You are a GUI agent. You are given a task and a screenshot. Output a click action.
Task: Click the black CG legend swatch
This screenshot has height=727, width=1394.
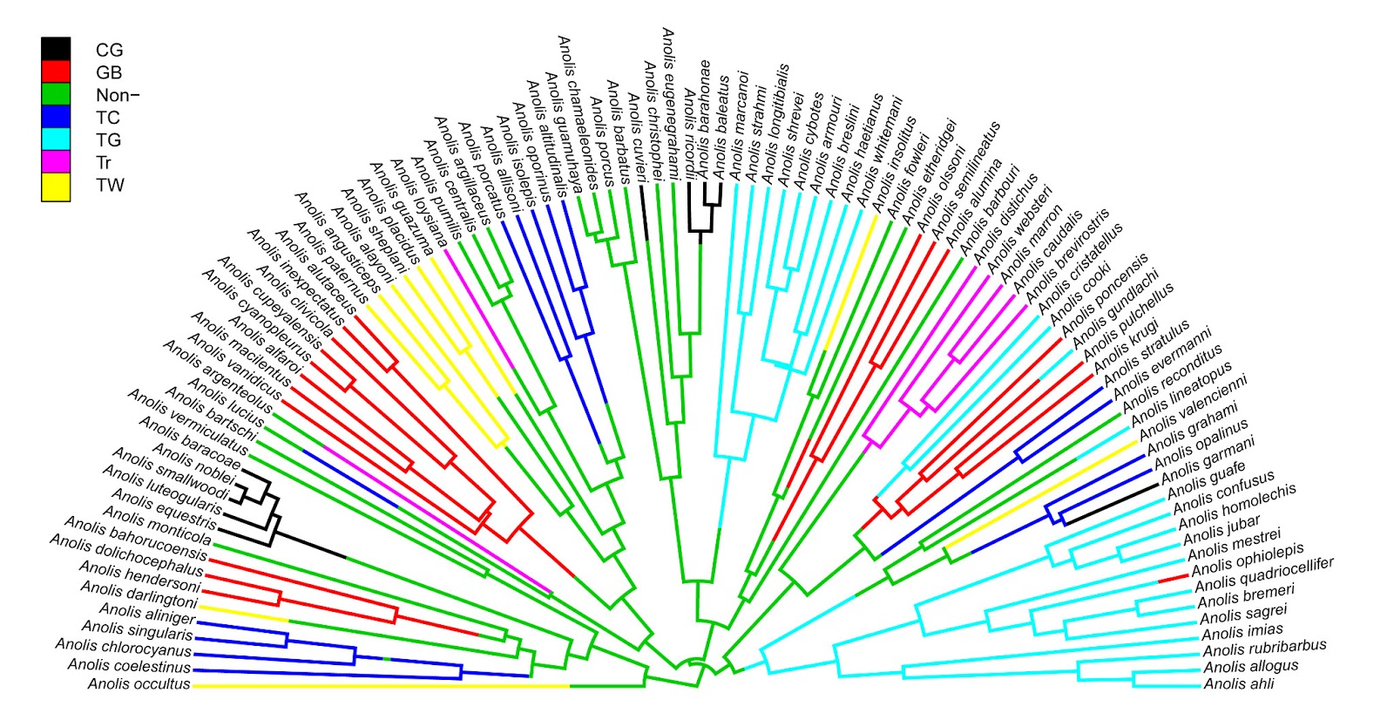tap(56, 50)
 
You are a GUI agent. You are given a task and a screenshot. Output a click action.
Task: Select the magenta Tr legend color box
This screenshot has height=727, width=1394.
tap(56, 162)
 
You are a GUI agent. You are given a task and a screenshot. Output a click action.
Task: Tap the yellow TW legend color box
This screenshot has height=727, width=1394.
tap(56, 185)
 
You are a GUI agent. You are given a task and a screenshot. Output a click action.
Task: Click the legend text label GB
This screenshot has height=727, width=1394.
tap(109, 73)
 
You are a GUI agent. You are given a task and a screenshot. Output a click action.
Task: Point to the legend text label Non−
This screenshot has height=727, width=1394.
tap(118, 95)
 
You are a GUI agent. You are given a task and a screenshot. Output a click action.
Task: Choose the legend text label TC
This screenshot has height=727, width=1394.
tap(108, 118)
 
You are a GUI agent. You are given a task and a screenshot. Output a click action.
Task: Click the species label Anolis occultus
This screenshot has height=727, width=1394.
tap(139, 684)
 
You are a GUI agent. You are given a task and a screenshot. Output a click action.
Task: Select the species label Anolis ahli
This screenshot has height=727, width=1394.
tap(1238, 684)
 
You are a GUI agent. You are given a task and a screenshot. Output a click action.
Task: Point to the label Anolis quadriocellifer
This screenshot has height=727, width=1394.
tap(1263, 575)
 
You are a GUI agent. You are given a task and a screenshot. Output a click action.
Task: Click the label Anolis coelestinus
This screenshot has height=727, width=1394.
tap(129, 666)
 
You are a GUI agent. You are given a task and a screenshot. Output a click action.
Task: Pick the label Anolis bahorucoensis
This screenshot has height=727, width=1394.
tap(136, 538)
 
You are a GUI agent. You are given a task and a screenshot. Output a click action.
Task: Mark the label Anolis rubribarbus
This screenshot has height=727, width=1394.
tap(1264, 649)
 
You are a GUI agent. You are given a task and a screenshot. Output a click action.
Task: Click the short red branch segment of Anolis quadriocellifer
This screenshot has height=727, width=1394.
tap(1173, 579)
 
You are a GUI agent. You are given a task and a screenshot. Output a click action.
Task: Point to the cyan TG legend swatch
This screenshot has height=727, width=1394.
tap(56, 139)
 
